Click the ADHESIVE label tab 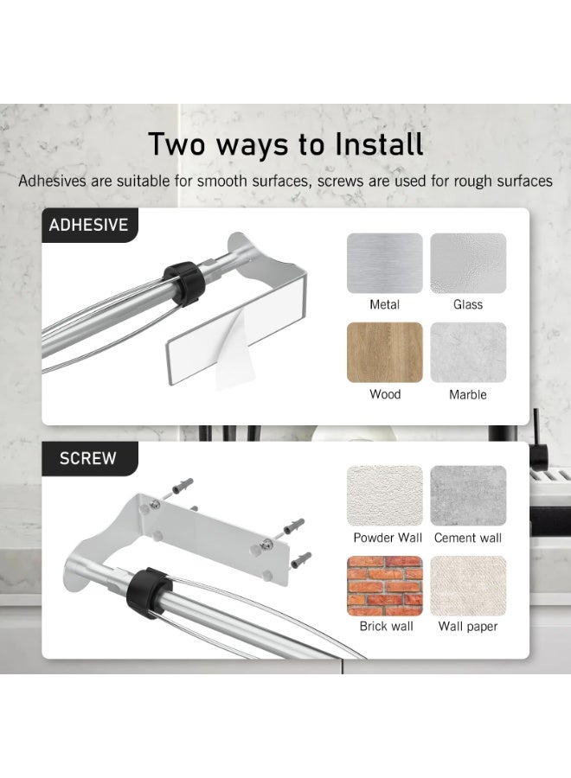tap(89, 226)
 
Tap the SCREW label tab tap(88, 458)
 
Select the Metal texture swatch tap(385, 263)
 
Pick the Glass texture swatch tap(468, 263)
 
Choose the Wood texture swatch tap(385, 353)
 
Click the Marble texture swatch tap(468, 353)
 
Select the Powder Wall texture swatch tap(385, 495)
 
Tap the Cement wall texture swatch tap(468, 495)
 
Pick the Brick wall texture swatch tap(385, 585)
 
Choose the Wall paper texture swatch tap(468, 585)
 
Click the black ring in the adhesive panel tap(184, 283)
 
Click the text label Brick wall tap(387, 626)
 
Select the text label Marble tap(468, 394)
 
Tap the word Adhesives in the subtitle tap(52, 182)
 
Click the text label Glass tap(468, 304)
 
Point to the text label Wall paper tap(468, 627)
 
